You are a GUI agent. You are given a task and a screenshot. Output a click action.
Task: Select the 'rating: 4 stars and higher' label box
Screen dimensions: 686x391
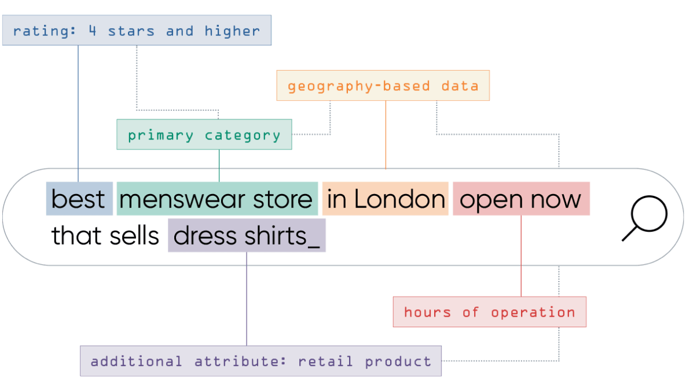point(137,30)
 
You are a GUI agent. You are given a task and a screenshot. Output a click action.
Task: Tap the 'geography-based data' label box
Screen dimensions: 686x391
point(383,85)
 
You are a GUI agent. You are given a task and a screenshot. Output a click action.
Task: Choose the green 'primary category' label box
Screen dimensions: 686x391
point(204,134)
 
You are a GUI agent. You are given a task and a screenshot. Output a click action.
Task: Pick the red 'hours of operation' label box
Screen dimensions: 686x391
point(490,312)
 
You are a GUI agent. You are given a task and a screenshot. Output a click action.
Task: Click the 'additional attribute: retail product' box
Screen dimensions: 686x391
point(261,361)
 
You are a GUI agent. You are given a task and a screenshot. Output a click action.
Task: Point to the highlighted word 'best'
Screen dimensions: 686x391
point(78,199)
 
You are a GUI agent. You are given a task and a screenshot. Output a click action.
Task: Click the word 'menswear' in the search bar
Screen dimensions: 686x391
point(182,200)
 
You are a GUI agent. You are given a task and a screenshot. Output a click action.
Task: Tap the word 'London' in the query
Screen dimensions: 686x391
point(399,199)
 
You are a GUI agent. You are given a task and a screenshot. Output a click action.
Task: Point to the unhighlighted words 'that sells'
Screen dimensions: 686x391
point(105,236)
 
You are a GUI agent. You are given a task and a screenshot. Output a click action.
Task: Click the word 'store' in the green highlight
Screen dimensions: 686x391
point(283,200)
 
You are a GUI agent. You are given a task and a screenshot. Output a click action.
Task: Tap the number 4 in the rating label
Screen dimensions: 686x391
point(92,30)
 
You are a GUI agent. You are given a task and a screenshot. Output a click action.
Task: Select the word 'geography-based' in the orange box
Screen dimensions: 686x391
point(359,86)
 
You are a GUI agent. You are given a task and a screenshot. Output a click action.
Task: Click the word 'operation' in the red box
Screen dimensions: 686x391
point(533,312)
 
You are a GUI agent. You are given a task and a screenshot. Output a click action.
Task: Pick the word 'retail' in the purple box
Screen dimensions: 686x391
point(325,361)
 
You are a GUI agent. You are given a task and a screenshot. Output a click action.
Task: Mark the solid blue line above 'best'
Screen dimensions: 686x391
point(78,114)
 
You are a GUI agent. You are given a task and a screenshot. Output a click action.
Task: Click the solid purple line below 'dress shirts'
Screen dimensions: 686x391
point(246,299)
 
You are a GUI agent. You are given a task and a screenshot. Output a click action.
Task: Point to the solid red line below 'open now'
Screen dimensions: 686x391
point(521,256)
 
